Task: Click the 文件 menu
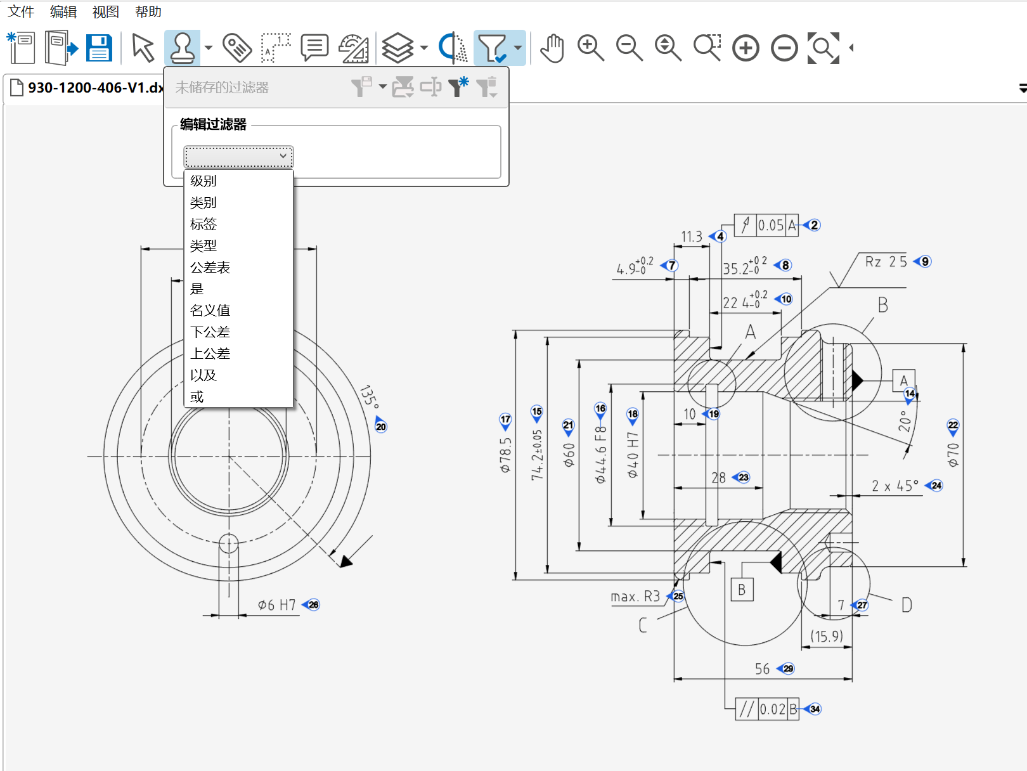21,12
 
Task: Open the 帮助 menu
148,12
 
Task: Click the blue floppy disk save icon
99,48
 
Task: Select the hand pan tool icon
552,48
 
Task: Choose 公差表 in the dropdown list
210,268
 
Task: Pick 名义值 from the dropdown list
210,311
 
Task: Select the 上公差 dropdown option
210,354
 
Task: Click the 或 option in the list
197,397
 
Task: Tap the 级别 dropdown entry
203,181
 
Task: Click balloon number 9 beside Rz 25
925,262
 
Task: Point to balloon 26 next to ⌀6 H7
313,605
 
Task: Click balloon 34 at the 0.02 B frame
815,709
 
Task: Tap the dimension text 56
762,669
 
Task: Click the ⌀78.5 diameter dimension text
505,455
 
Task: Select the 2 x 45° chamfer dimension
895,486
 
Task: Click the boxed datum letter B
742,590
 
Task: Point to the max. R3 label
635,597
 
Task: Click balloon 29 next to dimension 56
788,669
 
